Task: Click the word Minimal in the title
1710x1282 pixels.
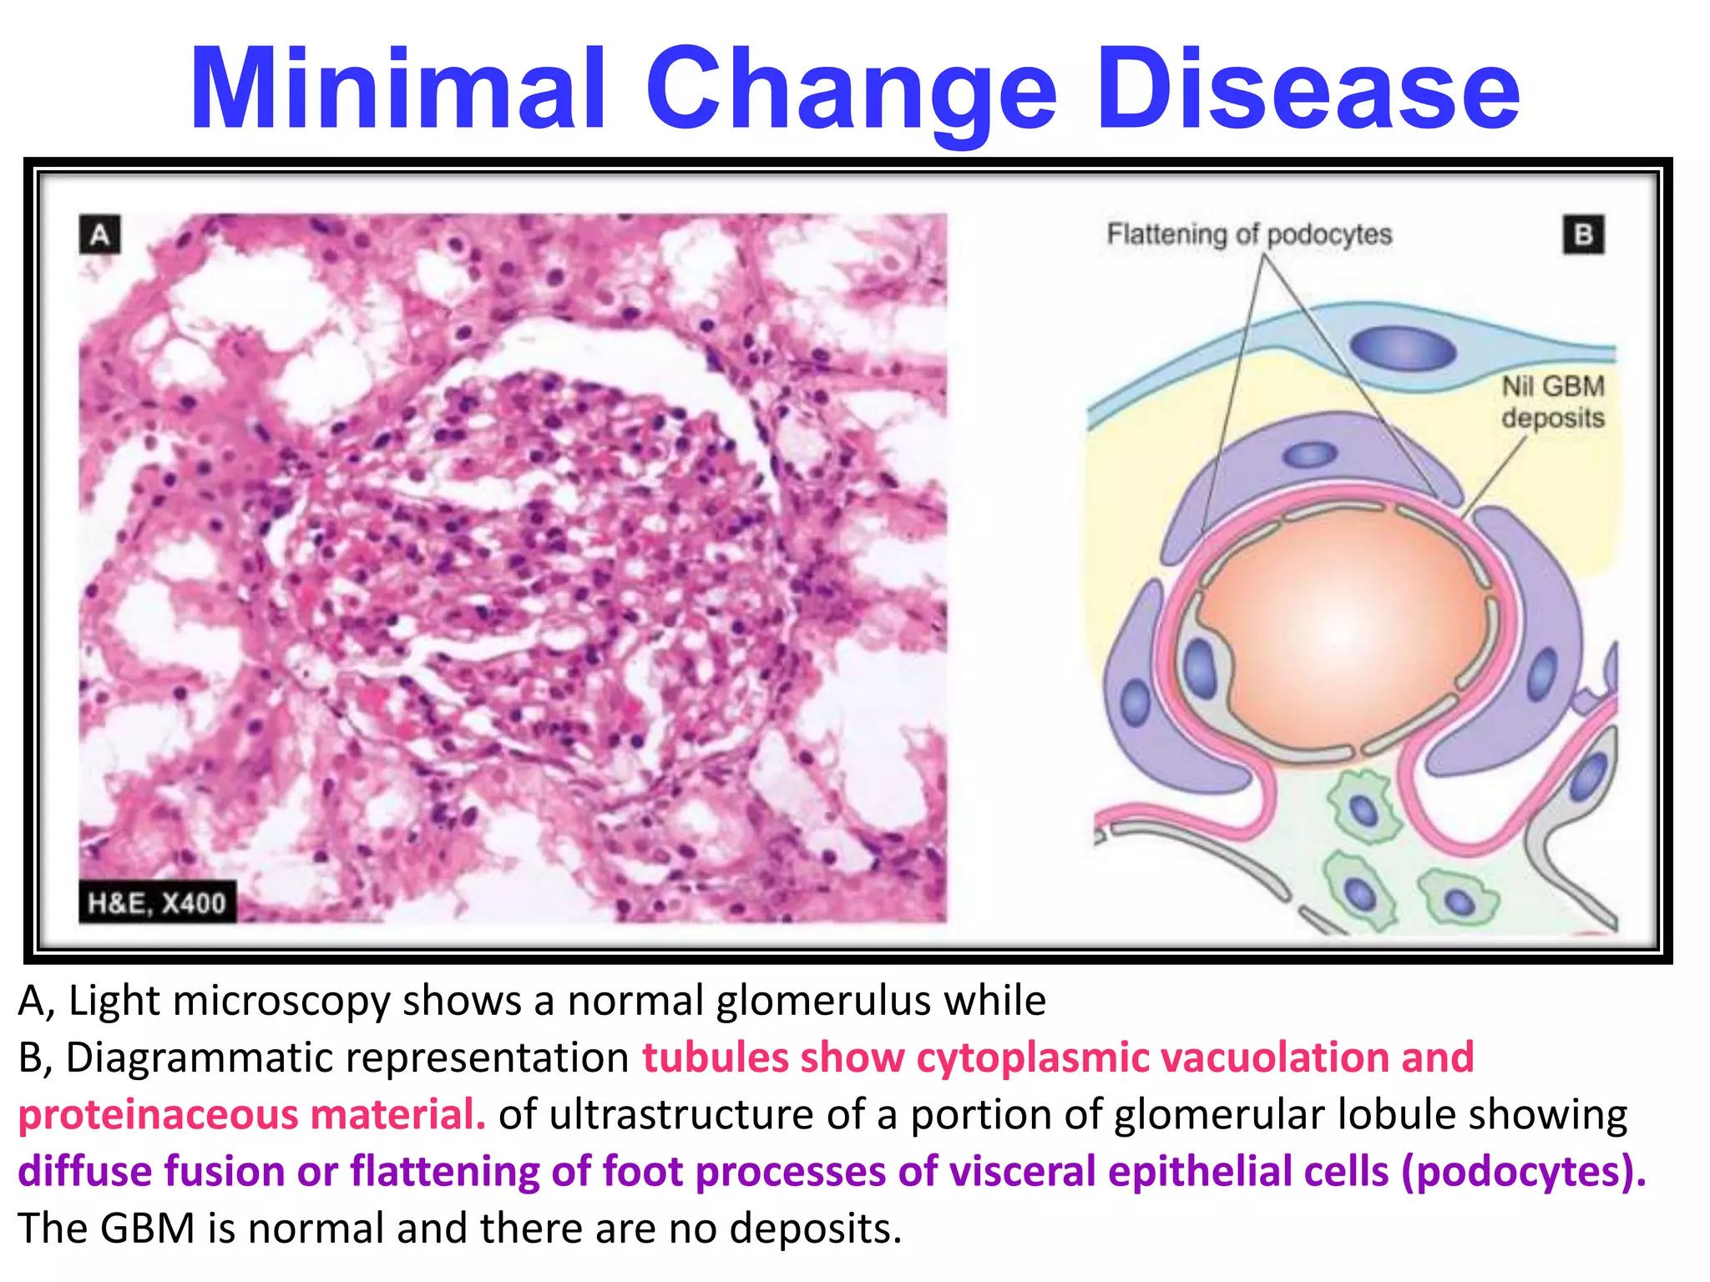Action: coord(397,89)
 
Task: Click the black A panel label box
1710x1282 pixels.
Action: coord(100,235)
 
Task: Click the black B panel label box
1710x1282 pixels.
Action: coord(1582,235)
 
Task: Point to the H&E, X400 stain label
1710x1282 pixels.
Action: coord(157,902)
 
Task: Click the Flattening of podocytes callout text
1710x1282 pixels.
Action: coord(1248,234)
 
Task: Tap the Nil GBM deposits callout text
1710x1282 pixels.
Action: coord(1552,401)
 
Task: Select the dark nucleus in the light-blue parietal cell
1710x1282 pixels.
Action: coord(1403,348)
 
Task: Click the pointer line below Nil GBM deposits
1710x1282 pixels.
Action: coord(1495,476)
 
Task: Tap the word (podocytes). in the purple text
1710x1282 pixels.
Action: coord(1523,1171)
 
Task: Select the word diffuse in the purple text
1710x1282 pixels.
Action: coord(84,1171)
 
